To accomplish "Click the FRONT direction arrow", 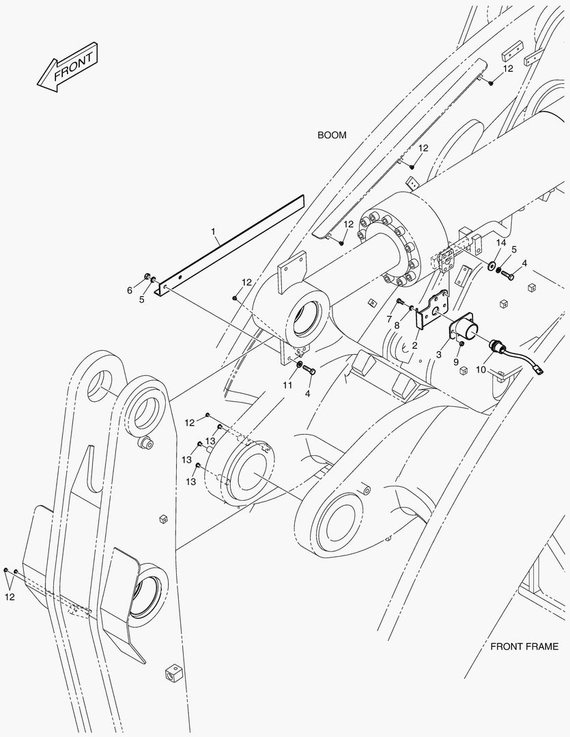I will (68, 68).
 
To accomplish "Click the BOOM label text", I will (332, 135).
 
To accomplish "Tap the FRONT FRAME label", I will (524, 646).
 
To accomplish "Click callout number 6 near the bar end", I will (130, 291).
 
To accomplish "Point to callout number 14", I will (501, 244).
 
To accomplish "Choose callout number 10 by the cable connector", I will (480, 369).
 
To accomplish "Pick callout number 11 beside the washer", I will (287, 385).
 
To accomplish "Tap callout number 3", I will (439, 355).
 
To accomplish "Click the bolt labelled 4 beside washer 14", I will (507, 274).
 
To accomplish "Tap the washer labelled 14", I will (493, 264).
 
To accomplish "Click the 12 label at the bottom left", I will (9, 597).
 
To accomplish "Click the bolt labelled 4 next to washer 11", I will (309, 371).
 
